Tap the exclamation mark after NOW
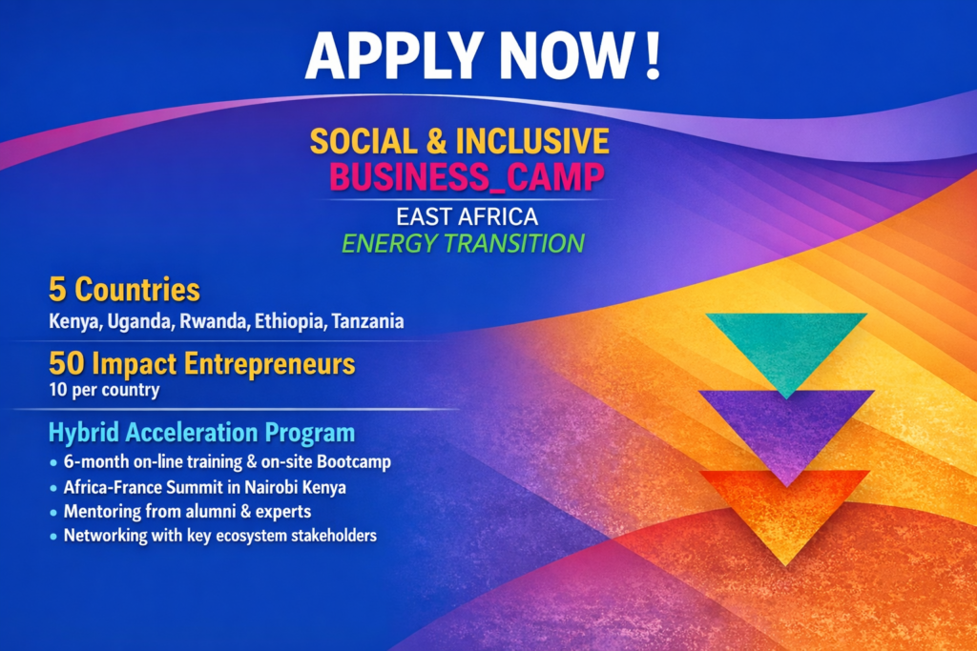pos(653,56)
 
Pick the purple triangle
pos(785,424)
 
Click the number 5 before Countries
pos(56,289)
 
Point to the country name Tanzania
pos(367,322)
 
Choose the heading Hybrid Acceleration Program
pos(201,434)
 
